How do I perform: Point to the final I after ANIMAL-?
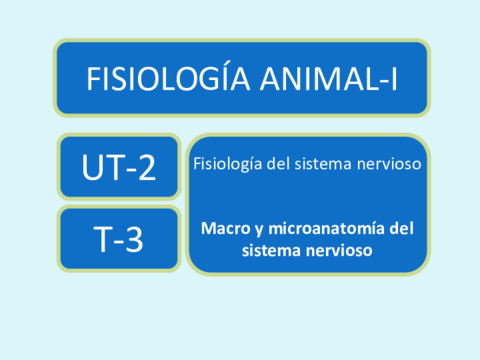(x=394, y=79)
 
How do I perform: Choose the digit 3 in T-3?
(x=134, y=239)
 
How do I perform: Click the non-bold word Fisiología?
(x=228, y=164)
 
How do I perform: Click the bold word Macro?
(x=226, y=229)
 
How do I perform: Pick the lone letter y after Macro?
(x=259, y=231)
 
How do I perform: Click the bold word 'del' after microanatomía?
(x=402, y=228)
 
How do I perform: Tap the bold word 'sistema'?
(x=272, y=250)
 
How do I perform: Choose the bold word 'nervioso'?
(x=339, y=250)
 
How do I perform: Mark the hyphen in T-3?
(x=119, y=241)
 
